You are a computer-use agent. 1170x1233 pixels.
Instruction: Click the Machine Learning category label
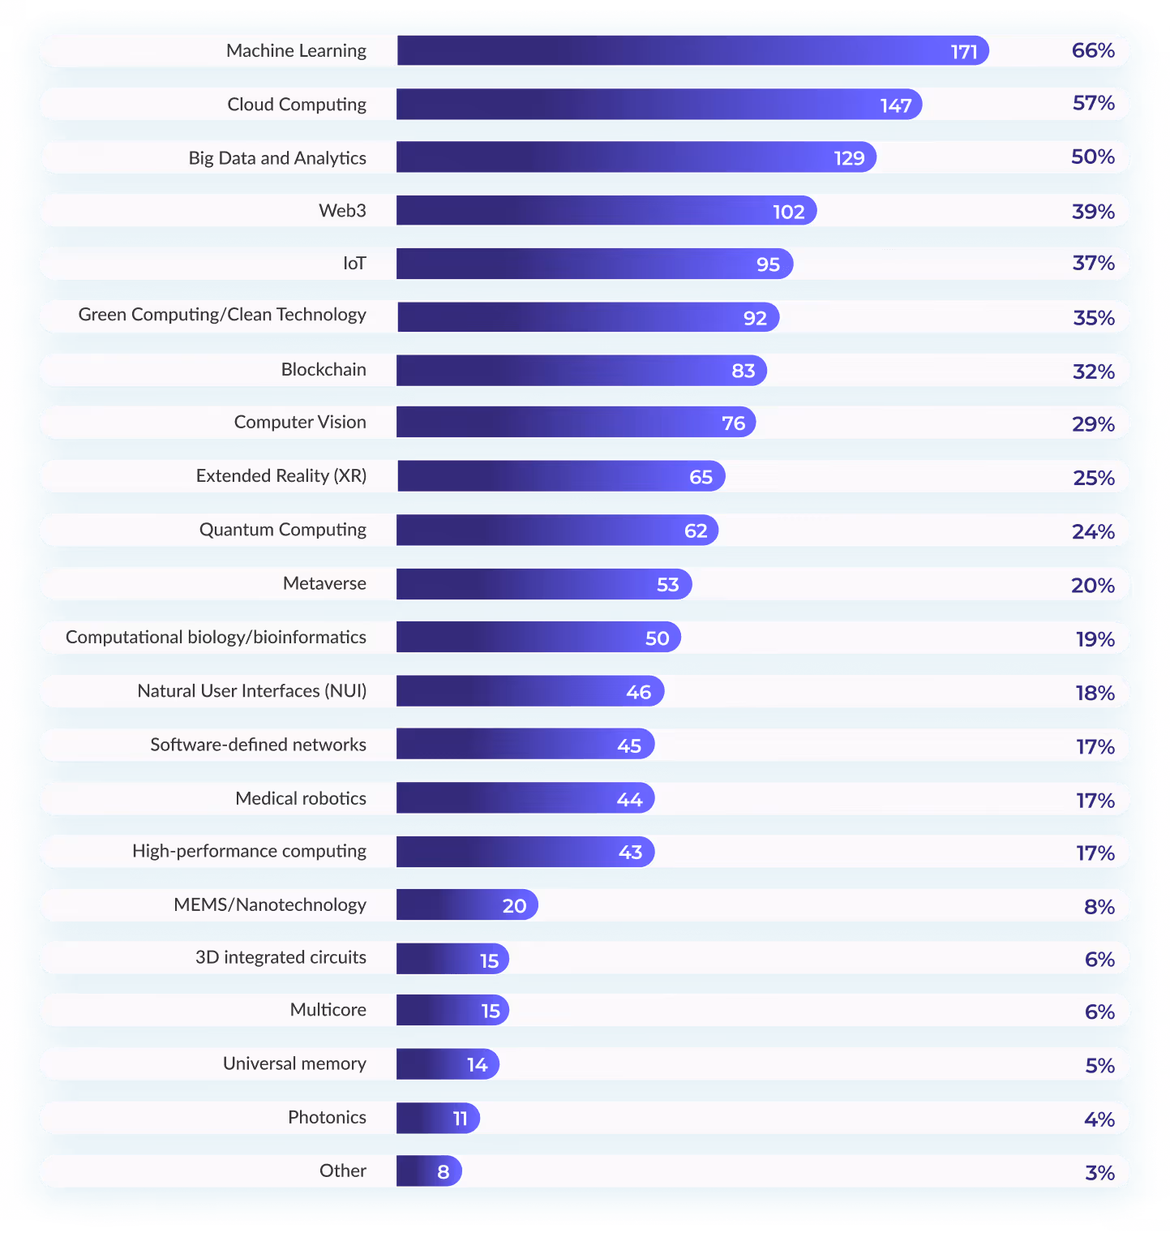click(296, 51)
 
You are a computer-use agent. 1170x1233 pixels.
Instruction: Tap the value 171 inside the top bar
click(964, 52)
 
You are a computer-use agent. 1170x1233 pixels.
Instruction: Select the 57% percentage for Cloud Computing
click(1093, 104)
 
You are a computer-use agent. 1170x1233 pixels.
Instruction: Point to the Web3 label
click(342, 211)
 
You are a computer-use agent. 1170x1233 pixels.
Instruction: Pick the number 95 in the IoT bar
click(768, 264)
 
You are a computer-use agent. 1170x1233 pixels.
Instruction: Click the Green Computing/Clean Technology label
click(222, 316)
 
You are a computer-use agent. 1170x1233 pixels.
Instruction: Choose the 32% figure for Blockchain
click(1093, 372)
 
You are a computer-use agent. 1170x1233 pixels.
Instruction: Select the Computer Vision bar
click(576, 423)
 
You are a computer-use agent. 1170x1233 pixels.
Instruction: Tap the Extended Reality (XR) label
click(281, 476)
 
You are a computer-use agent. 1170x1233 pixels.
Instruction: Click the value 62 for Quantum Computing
click(696, 531)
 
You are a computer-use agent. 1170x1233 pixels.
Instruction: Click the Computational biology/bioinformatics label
click(216, 638)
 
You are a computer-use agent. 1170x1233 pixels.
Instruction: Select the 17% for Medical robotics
click(1095, 801)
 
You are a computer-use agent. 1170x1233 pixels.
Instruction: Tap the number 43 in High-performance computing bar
click(630, 853)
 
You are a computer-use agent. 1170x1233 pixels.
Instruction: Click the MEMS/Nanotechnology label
click(270, 905)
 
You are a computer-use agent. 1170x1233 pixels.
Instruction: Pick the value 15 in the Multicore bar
click(491, 1011)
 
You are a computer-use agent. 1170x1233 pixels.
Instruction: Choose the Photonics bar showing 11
click(438, 1118)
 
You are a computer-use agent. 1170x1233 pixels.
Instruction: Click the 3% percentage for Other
click(1099, 1172)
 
